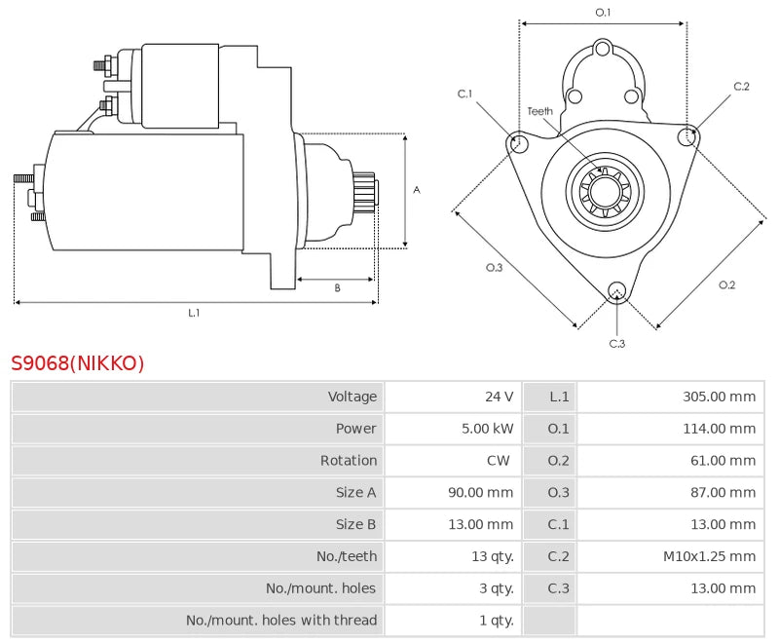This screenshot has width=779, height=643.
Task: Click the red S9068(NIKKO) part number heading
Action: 78,363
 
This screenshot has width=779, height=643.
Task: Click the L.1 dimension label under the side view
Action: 194,313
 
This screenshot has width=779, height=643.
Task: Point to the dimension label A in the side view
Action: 416,190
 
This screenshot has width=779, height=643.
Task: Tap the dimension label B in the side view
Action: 337,287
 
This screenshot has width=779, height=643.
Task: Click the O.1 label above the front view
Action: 603,12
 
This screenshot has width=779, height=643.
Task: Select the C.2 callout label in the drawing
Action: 741,87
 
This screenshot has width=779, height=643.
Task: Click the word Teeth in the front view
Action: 540,111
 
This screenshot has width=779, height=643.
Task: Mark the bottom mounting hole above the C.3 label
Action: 616,290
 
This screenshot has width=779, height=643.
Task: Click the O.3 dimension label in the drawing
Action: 494,268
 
